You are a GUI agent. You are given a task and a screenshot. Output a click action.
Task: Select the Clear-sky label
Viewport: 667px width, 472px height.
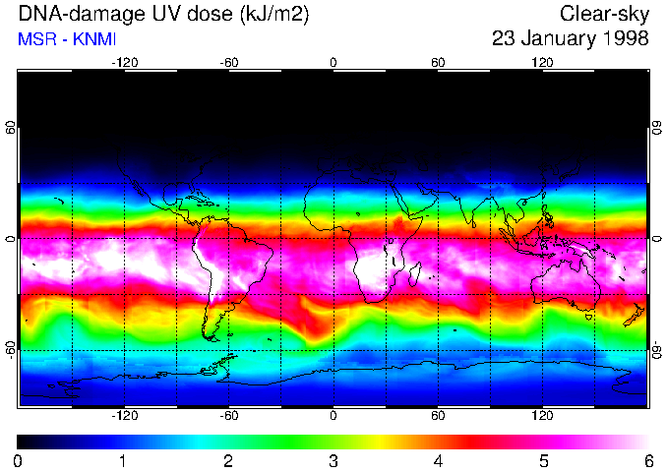pyautogui.click(x=605, y=14)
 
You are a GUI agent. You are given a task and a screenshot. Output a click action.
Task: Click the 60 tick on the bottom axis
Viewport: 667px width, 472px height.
pyautogui.click(x=438, y=416)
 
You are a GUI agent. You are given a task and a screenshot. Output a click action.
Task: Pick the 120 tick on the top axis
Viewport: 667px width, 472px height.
pyautogui.click(x=542, y=62)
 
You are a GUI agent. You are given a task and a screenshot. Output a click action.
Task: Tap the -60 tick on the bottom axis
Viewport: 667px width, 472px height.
pyautogui.click(x=228, y=416)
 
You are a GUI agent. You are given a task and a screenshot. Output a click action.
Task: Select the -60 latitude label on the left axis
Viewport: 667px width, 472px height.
pyautogui.click(x=10, y=349)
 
